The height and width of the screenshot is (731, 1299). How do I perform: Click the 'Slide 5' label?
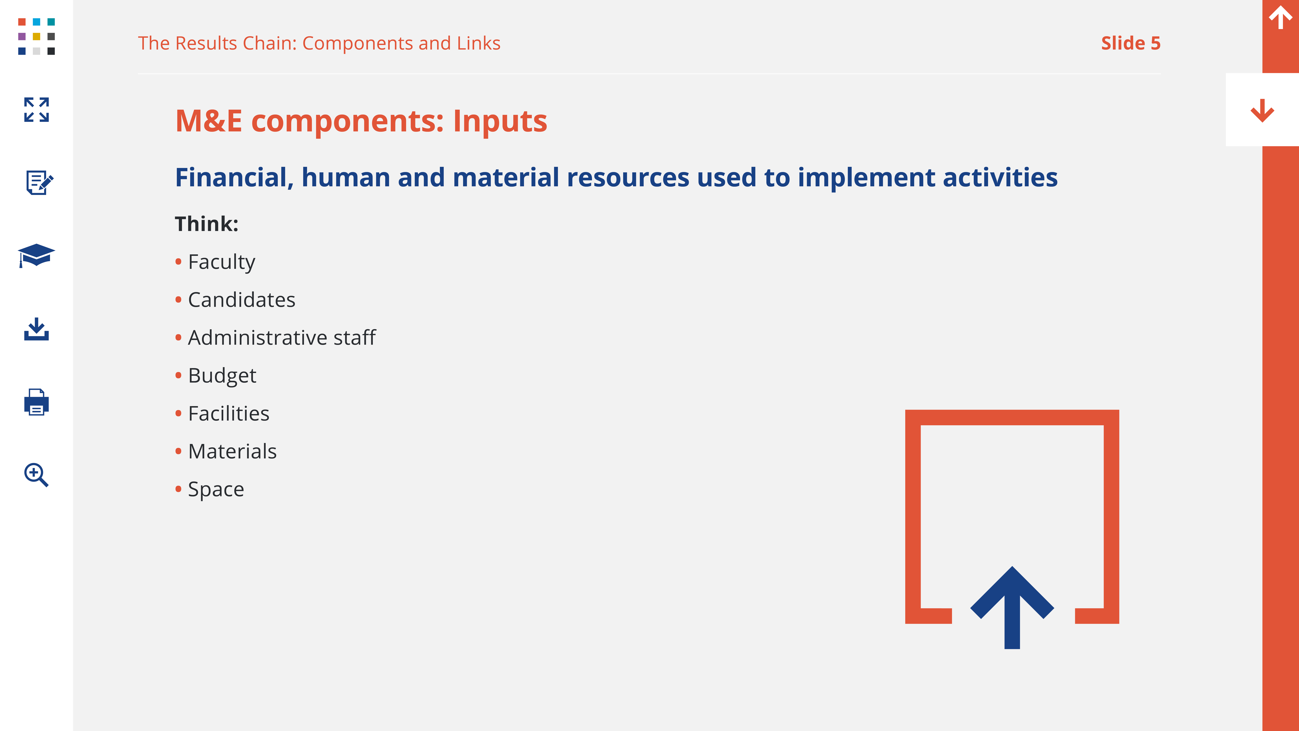[x=1131, y=43]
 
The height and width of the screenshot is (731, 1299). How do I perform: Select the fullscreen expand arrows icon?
[x=36, y=109]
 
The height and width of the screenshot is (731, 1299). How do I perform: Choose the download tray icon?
[x=36, y=329]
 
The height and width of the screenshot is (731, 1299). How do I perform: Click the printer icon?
[x=36, y=402]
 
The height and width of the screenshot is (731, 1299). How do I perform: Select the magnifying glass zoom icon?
[x=36, y=475]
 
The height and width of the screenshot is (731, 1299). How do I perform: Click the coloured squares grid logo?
[x=36, y=36]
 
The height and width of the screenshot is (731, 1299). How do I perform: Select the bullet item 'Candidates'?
[x=242, y=300]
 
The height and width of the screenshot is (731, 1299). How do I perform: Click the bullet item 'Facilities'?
[x=228, y=413]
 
